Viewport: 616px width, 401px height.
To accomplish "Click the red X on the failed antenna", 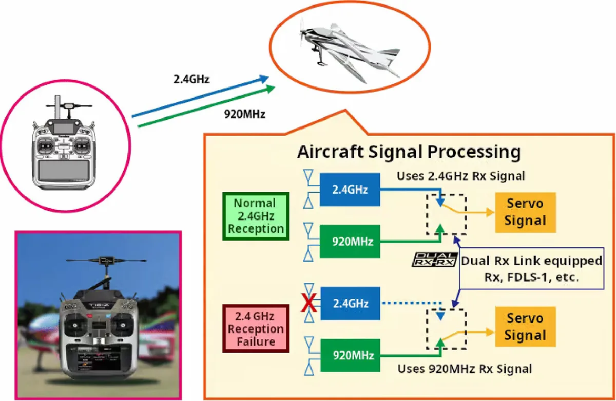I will (x=309, y=304).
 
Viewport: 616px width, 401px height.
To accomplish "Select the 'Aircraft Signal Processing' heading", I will (x=409, y=152).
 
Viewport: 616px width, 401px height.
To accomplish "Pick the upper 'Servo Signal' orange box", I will (x=525, y=212).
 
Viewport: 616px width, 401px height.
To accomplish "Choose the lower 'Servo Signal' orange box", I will (x=525, y=327).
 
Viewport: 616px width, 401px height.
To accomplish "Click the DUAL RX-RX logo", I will (x=434, y=260).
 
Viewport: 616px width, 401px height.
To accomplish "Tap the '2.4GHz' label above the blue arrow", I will (x=191, y=79).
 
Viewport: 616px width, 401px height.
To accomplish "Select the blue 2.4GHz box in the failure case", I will (x=351, y=304).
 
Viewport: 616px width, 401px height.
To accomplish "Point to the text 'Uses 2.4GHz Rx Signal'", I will (x=460, y=176).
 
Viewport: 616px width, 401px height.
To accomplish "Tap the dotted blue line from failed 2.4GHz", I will (x=411, y=303).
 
